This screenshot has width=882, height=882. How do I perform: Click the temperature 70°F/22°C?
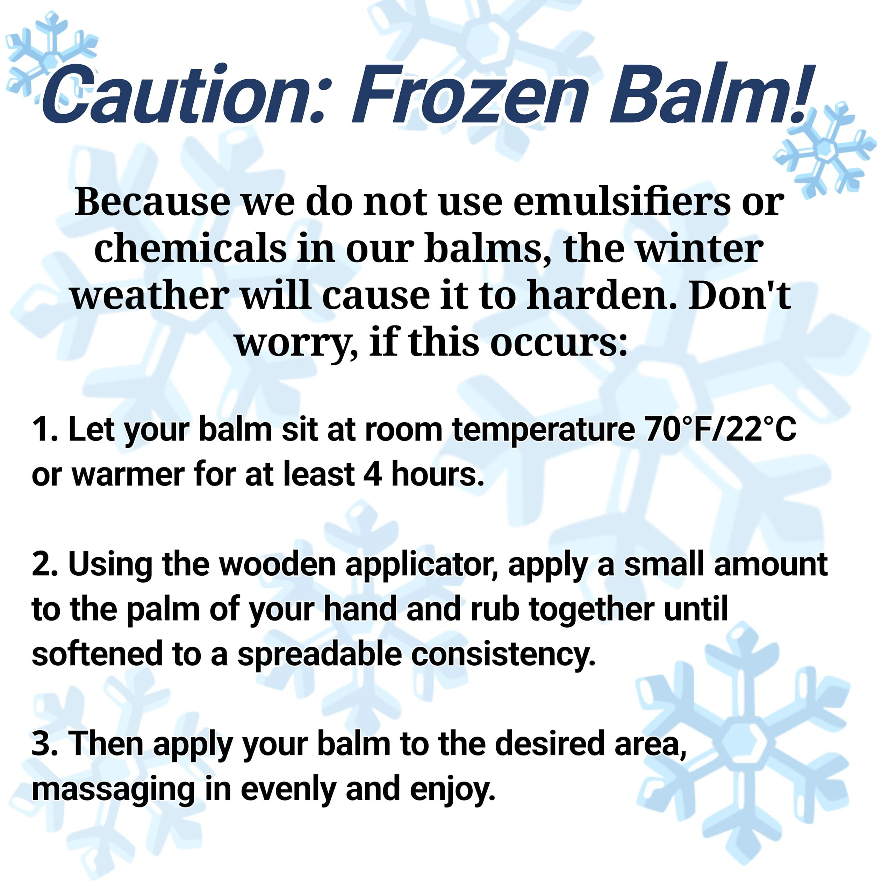coord(721,430)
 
